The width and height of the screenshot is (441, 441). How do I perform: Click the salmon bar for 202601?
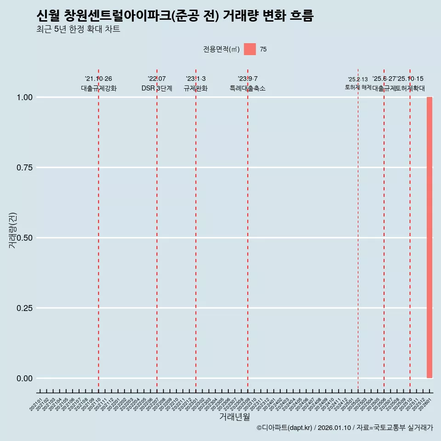click(430, 237)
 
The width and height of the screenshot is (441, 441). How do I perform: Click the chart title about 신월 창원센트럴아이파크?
click(175, 16)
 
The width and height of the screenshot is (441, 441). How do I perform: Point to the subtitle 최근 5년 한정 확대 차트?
click(78, 29)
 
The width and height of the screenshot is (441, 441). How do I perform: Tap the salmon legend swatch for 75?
click(249, 49)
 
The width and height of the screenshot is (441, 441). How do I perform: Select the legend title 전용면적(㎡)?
click(221, 49)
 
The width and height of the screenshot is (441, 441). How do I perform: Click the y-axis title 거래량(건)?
click(13, 230)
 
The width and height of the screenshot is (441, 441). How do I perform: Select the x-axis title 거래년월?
click(234, 417)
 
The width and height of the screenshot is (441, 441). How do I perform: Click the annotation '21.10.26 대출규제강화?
click(98, 84)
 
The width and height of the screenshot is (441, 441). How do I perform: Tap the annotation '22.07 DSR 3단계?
click(157, 84)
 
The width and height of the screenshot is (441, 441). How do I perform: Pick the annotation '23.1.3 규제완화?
click(196, 84)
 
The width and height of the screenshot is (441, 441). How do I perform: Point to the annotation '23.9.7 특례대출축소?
click(248, 84)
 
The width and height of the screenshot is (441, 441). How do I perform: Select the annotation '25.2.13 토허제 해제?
click(358, 83)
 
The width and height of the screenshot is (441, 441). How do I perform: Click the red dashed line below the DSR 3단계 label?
click(157, 230)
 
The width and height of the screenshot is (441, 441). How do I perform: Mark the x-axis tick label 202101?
click(36, 406)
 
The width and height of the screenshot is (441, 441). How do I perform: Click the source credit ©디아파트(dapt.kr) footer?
click(345, 428)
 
